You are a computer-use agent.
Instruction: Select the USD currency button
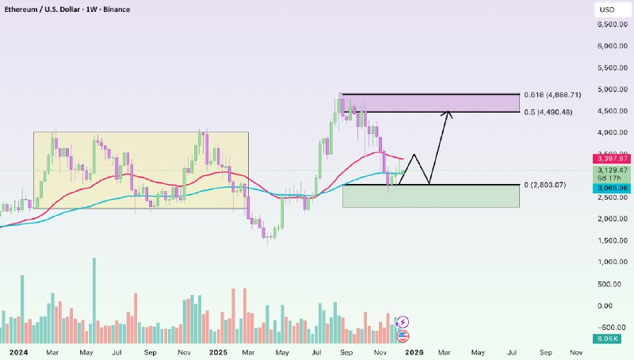click(x=607, y=10)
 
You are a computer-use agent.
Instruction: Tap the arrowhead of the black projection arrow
click(x=449, y=114)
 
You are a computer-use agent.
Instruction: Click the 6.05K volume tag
click(x=608, y=339)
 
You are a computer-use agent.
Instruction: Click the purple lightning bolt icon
click(x=402, y=321)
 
